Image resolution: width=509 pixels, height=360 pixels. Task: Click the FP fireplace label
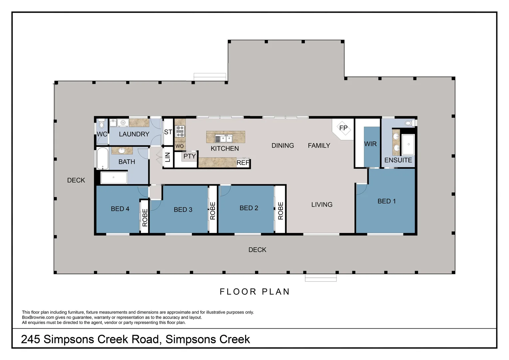tap(343, 128)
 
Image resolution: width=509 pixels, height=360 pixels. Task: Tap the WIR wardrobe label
tap(370, 144)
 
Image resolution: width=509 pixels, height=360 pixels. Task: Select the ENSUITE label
tap(398, 160)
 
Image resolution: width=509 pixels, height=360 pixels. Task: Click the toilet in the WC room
tap(102, 125)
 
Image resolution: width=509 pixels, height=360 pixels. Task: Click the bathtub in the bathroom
tap(101, 159)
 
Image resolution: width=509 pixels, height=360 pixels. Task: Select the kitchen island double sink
tap(224, 138)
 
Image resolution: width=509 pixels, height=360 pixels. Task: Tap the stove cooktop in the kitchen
tap(180, 131)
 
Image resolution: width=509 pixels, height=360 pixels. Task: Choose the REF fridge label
tap(243, 163)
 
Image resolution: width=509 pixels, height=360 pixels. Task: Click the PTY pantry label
tap(190, 156)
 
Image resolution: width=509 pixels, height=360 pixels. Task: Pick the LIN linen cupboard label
tap(168, 157)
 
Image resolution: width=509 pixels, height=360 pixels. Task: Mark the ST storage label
tap(168, 132)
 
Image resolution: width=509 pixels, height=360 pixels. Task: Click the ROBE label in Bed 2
tap(280, 211)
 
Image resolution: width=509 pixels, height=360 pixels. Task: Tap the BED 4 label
tap(120, 209)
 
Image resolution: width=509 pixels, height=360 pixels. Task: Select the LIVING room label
tap(322, 205)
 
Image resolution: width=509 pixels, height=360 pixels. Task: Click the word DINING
tap(282, 146)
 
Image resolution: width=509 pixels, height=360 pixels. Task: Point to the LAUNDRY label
tap(134, 134)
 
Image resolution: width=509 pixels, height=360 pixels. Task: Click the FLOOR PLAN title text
tap(255, 292)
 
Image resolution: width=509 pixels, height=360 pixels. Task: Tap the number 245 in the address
tap(31, 339)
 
